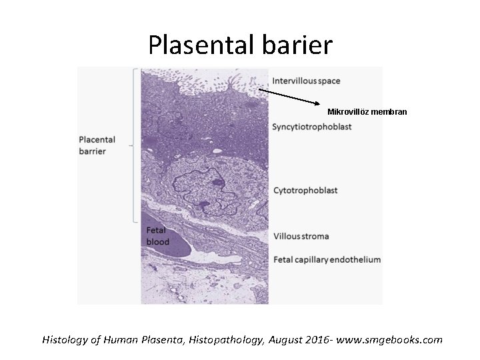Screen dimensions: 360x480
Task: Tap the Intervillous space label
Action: click(x=306, y=81)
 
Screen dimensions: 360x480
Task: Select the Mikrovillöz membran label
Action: click(x=367, y=111)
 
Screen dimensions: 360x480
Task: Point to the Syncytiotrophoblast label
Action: click(x=312, y=127)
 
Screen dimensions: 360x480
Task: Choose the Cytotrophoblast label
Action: click(x=305, y=191)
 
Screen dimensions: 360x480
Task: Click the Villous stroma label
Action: click(x=301, y=236)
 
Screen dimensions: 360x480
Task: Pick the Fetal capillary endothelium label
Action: click(x=327, y=259)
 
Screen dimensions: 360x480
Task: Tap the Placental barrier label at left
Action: click(x=97, y=145)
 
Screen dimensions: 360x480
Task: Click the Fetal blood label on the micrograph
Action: click(x=158, y=235)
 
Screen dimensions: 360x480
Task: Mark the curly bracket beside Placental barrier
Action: click(x=135, y=145)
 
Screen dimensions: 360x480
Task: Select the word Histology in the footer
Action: click(x=63, y=340)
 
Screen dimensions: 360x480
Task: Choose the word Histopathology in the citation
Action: click(x=230, y=340)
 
